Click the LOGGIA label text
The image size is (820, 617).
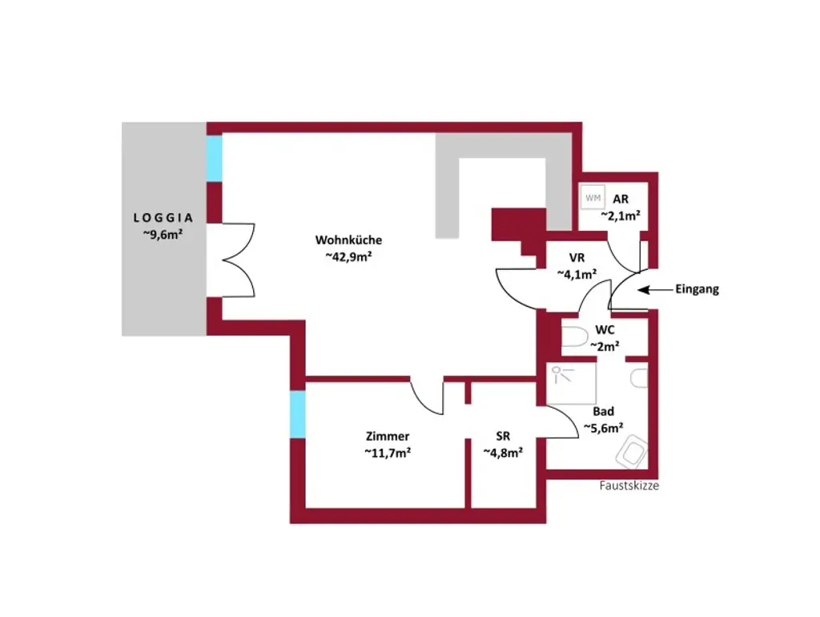click(163, 217)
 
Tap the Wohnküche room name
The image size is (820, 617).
click(348, 240)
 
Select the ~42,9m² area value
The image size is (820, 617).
click(350, 256)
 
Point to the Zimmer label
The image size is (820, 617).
click(388, 436)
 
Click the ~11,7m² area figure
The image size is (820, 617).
click(388, 452)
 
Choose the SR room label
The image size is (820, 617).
click(503, 436)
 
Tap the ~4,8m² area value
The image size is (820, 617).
click(503, 452)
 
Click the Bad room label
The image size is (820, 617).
click(604, 411)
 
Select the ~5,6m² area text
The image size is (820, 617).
click(604, 428)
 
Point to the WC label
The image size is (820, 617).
click(605, 330)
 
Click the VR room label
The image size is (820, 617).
click(577, 258)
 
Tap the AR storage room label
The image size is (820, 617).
click(620, 199)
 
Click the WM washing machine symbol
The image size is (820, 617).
click(593, 197)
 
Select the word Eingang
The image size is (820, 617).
click(697, 289)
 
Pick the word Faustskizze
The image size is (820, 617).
click(629, 486)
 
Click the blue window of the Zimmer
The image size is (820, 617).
click(297, 414)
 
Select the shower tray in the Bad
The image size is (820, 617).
click(572, 385)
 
